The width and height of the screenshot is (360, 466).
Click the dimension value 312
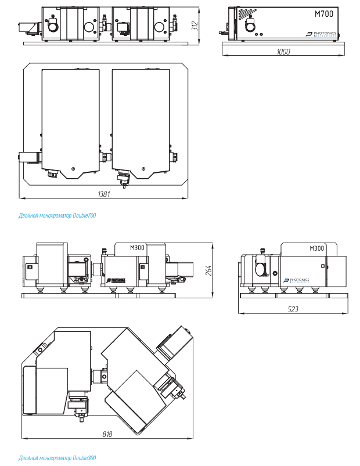195,26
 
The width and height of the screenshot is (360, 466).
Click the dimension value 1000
283,52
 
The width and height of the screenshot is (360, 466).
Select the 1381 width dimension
104,194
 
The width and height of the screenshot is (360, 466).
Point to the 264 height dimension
208,270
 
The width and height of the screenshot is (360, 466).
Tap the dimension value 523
293,309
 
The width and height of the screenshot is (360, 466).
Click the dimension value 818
107,434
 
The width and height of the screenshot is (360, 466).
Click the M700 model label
324,14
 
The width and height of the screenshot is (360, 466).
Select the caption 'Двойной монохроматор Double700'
57,215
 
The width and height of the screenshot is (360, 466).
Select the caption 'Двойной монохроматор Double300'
57,458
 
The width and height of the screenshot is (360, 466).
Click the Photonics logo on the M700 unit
321,34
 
